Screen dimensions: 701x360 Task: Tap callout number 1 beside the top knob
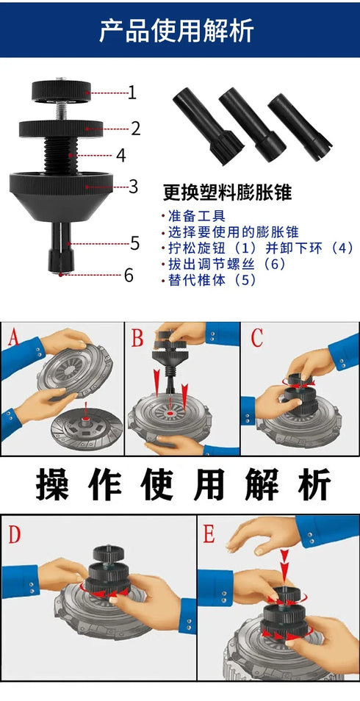[x=132, y=93]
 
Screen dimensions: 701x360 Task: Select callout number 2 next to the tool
[x=136, y=129]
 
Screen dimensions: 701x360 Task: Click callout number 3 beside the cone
[x=133, y=186]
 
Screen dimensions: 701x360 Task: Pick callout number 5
[x=134, y=242]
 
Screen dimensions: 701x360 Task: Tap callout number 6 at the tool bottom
[x=128, y=276]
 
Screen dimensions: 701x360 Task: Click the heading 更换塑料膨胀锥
[x=227, y=193]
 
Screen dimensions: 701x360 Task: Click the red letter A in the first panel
[x=12, y=339]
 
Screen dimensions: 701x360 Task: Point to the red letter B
[x=138, y=339]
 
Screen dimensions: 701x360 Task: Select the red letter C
[x=256, y=338]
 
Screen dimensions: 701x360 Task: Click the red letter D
[x=15, y=534]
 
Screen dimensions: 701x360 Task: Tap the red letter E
[x=209, y=534]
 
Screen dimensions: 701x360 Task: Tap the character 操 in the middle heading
[x=52, y=485]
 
